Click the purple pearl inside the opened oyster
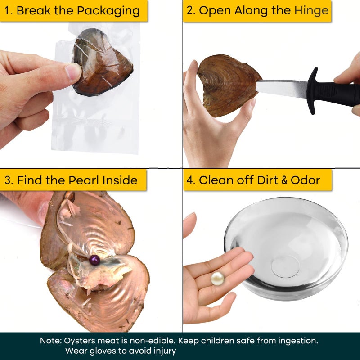click(x=94, y=260)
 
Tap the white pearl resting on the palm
click(x=217, y=279)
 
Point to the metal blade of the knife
click(x=282, y=88)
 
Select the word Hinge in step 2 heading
click(x=311, y=10)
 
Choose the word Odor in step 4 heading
click(x=305, y=180)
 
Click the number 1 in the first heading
click(x=6, y=11)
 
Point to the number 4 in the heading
click(x=190, y=180)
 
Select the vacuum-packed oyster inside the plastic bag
click(x=102, y=63)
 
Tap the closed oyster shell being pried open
click(x=229, y=85)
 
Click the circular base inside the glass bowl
click(x=285, y=266)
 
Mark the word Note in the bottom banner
click(x=50, y=341)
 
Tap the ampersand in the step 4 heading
click(x=284, y=180)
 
